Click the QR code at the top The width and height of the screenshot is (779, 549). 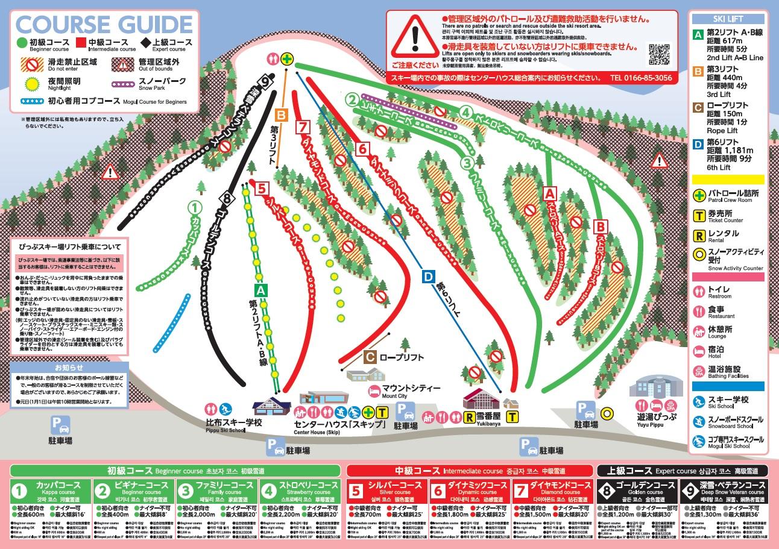click(x=658, y=54)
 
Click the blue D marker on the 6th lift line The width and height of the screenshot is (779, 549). click(x=427, y=277)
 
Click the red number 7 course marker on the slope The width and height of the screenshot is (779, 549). click(x=303, y=127)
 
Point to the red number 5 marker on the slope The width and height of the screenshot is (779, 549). click(x=260, y=187)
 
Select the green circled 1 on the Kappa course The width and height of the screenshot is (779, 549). click(x=194, y=207)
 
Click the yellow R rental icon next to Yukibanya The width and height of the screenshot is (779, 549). click(x=467, y=416)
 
